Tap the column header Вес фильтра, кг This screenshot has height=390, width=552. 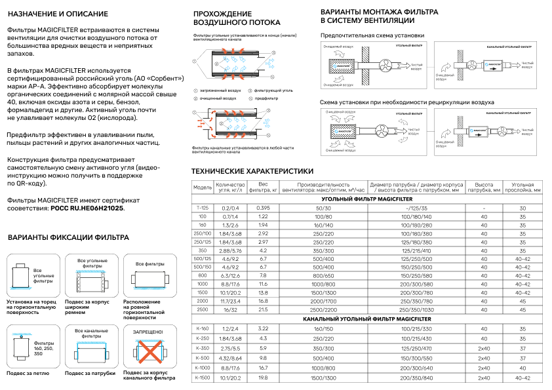[x=264, y=188]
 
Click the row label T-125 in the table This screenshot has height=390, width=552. [x=203, y=207]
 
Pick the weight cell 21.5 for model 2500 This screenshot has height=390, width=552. [x=264, y=309]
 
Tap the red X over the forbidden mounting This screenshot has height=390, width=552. [x=148, y=353]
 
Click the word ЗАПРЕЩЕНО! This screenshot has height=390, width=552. [x=148, y=332]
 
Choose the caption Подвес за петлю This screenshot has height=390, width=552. [x=28, y=373]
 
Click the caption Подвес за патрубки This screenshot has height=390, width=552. [x=90, y=373]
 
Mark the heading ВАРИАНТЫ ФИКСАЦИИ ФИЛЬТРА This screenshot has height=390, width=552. [x=68, y=237]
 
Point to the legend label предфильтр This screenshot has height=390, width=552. [x=266, y=98]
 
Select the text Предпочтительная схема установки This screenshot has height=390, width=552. [x=372, y=35]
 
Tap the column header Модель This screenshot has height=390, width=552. [x=203, y=188]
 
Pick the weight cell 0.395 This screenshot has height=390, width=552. [x=264, y=207]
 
